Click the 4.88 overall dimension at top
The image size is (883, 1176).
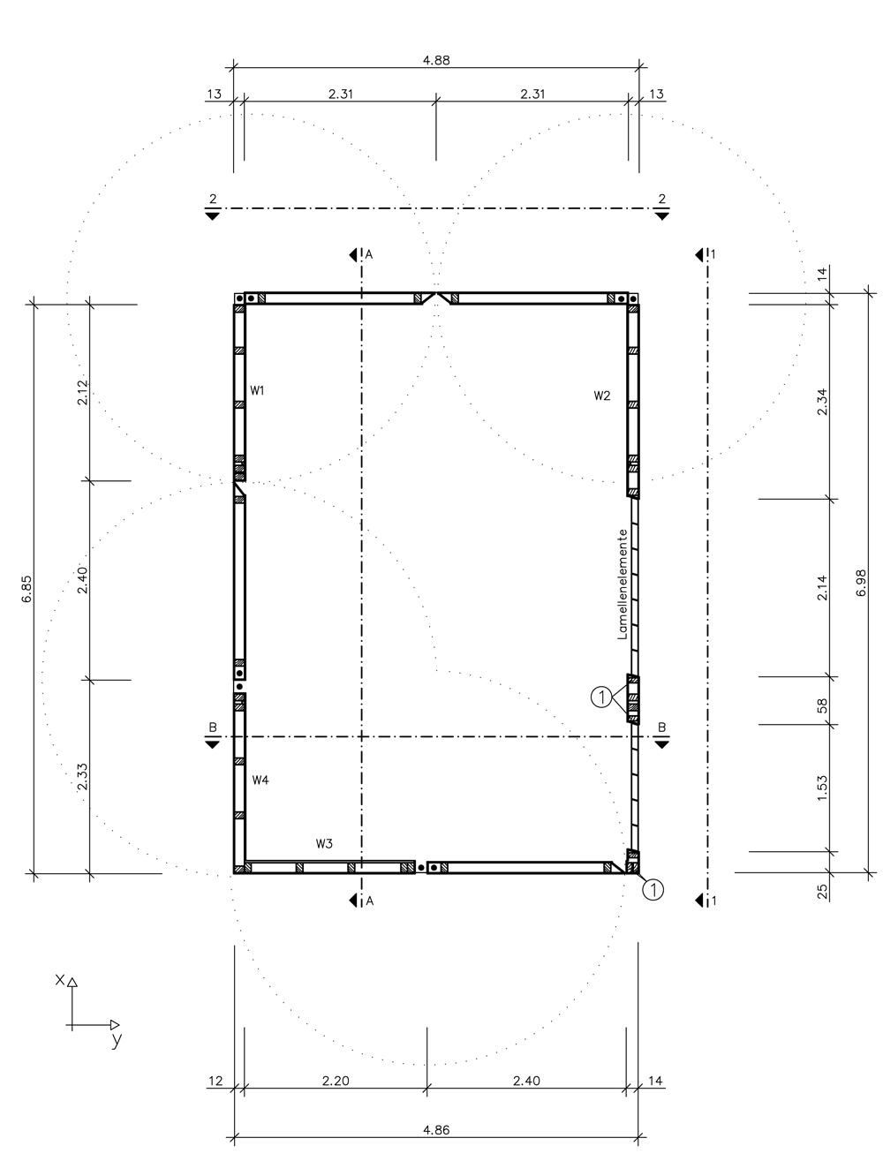(x=436, y=60)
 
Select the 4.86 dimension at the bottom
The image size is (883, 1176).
(x=436, y=1130)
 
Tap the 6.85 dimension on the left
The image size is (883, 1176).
(x=26, y=589)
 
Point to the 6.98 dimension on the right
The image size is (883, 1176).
(x=861, y=583)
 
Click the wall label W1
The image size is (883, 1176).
(x=257, y=390)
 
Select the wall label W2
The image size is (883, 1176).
(x=601, y=396)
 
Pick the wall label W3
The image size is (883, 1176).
(x=324, y=844)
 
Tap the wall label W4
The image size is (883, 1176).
(x=260, y=780)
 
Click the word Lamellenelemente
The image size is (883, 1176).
(x=622, y=584)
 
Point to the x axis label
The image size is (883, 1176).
(x=59, y=979)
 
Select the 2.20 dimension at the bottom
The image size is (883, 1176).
(x=336, y=1081)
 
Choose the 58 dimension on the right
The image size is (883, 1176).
(x=822, y=705)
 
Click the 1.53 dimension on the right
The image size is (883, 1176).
(x=822, y=788)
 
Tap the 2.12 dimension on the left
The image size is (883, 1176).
(x=82, y=392)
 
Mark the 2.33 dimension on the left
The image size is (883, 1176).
(x=82, y=777)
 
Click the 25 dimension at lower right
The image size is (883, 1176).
(x=822, y=892)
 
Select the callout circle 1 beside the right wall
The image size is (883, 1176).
(x=601, y=697)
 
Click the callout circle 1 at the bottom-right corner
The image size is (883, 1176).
(x=653, y=890)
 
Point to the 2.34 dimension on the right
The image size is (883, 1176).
(x=822, y=402)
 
